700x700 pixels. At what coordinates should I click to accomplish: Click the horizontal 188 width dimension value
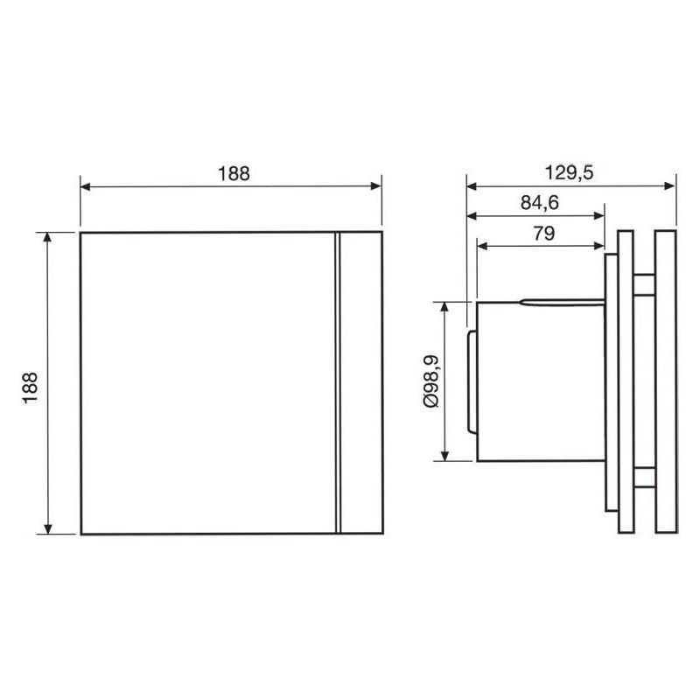pyautogui.click(x=234, y=172)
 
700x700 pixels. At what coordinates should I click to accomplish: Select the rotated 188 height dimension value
pyautogui.click(x=29, y=382)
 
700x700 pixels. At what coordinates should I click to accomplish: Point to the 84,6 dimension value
pyautogui.click(x=540, y=203)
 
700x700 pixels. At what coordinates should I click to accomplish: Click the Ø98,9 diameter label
pyautogui.click(x=430, y=381)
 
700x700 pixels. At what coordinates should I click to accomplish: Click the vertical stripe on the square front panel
pyautogui.click(x=335, y=383)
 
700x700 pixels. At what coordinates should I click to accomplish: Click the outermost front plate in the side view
pyautogui.click(x=664, y=381)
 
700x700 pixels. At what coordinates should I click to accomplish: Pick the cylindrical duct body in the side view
pyautogui.click(x=538, y=381)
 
